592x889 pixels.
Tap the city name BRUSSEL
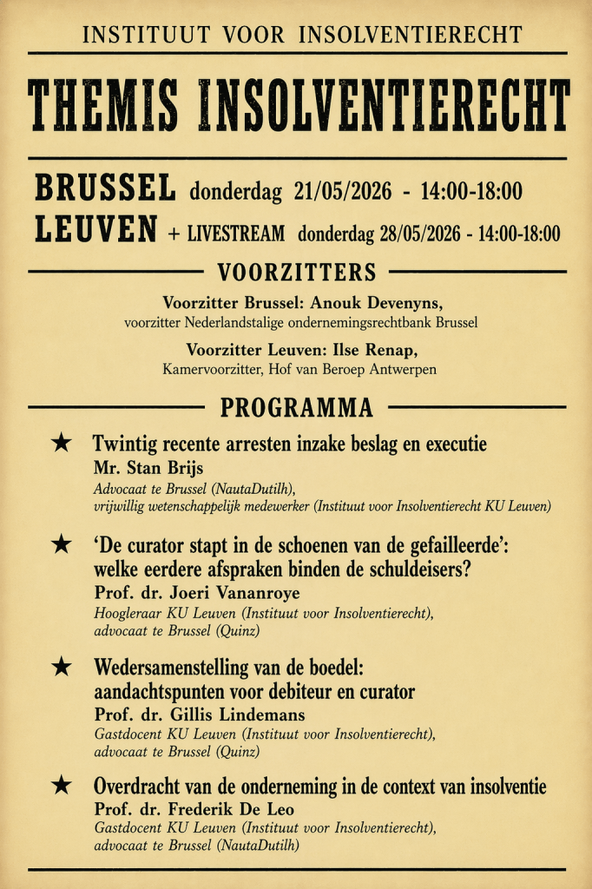105,188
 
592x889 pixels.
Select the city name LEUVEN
96,230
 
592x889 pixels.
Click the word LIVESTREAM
237,234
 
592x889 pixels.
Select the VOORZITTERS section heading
297,273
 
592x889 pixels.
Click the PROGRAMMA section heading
297,407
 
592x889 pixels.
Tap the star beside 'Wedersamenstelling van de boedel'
61,668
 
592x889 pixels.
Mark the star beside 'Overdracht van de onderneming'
61,786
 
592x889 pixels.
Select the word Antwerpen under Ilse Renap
399,369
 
